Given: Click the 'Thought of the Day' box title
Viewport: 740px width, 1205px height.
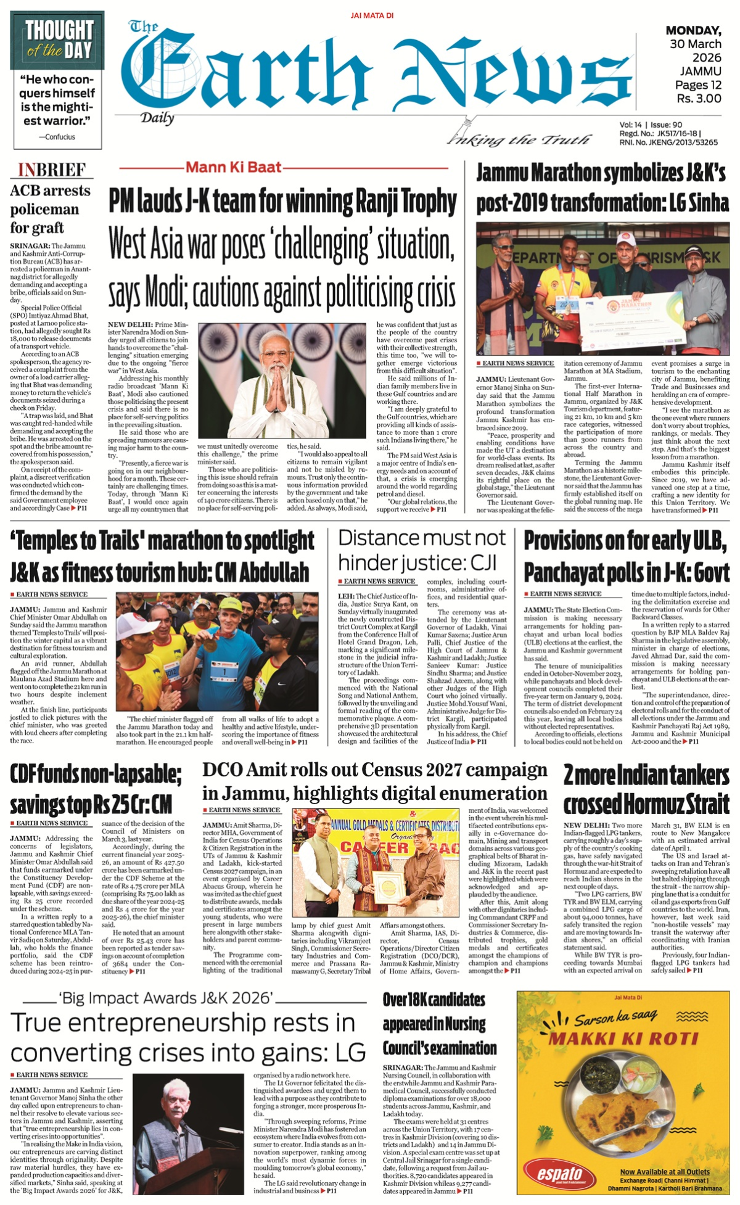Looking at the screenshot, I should click(x=59, y=39).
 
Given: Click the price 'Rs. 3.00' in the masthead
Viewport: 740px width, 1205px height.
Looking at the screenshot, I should click(x=698, y=98).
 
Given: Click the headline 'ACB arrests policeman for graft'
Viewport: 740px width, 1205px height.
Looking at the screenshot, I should click(x=50, y=209).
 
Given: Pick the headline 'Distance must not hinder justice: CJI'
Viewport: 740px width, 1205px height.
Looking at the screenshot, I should click(x=422, y=550).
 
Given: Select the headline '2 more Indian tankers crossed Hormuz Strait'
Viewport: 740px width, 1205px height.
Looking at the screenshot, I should click(x=646, y=790).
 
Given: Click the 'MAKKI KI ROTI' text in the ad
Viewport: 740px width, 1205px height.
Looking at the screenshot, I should click(x=623, y=1038).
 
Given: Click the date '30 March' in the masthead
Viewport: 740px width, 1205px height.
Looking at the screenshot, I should click(x=695, y=44).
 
